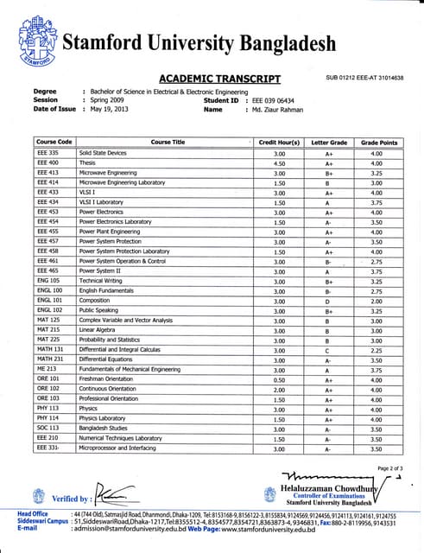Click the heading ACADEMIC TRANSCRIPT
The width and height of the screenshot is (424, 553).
click(x=220, y=79)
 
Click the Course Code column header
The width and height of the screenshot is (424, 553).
click(x=54, y=142)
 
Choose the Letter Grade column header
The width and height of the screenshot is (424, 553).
click(x=329, y=142)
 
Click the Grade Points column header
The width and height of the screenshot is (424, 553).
click(x=378, y=142)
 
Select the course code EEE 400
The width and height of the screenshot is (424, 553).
click(x=48, y=162)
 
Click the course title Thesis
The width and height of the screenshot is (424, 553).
click(x=87, y=162)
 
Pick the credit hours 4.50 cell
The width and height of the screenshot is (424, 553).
click(x=279, y=162)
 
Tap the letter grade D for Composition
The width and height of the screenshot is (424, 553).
click(x=329, y=301)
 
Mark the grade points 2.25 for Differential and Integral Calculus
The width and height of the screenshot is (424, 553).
click(x=377, y=350)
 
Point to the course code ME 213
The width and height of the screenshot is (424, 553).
click(x=47, y=370)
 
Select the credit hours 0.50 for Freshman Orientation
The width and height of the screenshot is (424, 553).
click(x=279, y=379)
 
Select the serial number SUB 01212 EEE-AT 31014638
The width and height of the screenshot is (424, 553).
click(x=364, y=79)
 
